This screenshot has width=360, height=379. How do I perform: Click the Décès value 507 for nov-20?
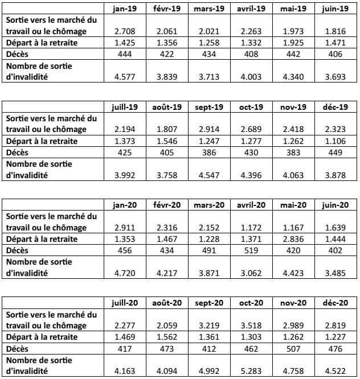[296, 348]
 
